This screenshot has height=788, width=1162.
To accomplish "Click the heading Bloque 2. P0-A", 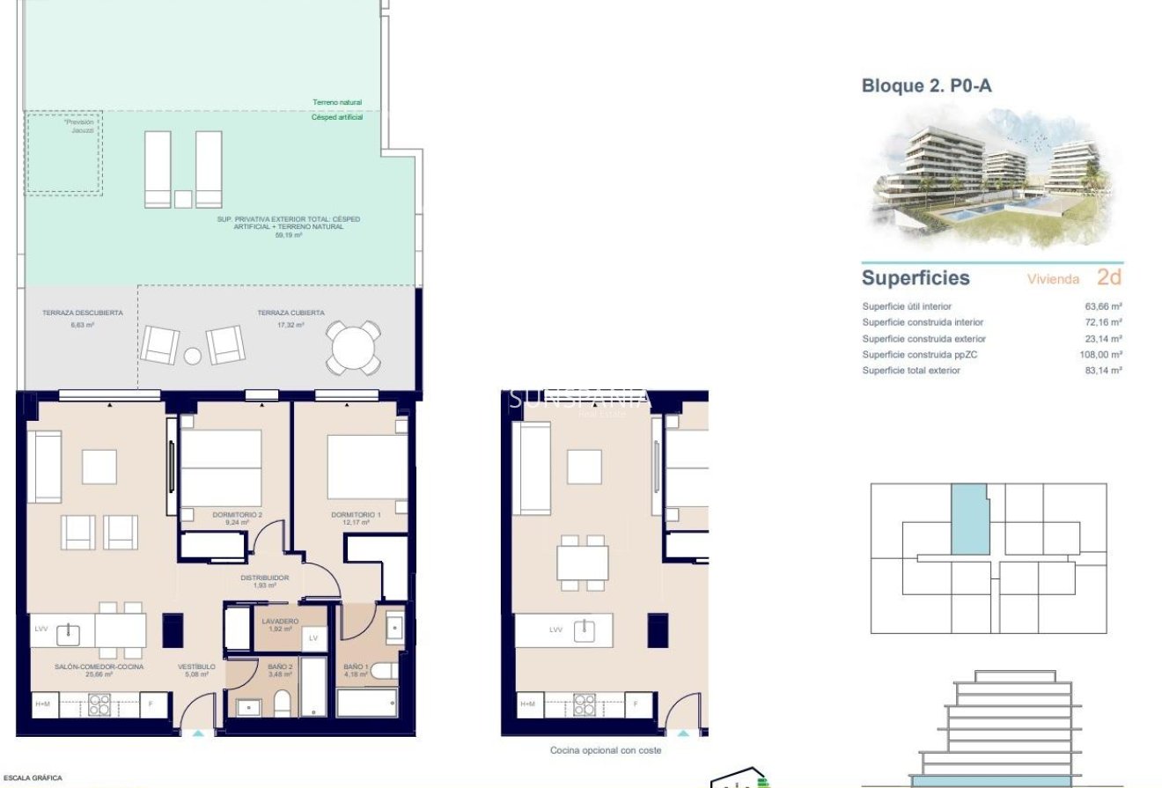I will [x=926, y=85].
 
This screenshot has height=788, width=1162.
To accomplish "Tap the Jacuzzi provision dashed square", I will [x=63, y=152].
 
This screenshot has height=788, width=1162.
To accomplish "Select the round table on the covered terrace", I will [x=355, y=349].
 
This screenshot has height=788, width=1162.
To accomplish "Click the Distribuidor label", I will [x=265, y=578].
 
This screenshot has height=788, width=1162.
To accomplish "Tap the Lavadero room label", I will [x=280, y=622].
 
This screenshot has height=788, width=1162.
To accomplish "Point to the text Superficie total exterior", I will [x=911, y=371].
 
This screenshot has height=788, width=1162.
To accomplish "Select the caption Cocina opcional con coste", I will [x=605, y=750].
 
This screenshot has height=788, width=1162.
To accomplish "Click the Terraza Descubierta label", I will [x=83, y=313].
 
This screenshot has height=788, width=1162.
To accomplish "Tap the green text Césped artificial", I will [x=337, y=117].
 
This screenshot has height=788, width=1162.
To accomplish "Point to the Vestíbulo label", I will [x=196, y=667].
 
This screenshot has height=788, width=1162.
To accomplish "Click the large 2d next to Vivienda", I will [x=1108, y=277].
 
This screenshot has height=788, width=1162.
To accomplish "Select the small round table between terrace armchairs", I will [x=193, y=356].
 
